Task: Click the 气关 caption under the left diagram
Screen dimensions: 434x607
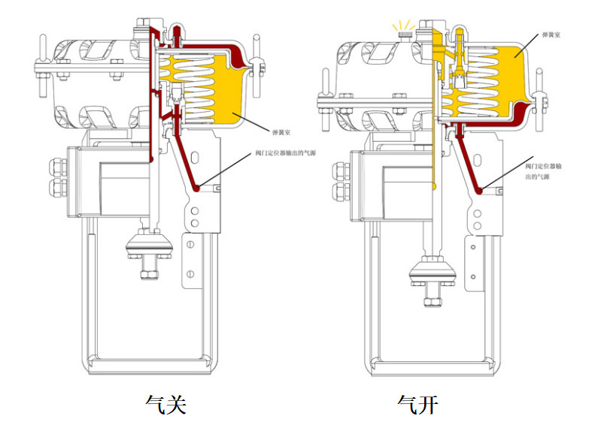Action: tap(165, 405)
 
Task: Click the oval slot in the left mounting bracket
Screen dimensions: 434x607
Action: tap(194, 157)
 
